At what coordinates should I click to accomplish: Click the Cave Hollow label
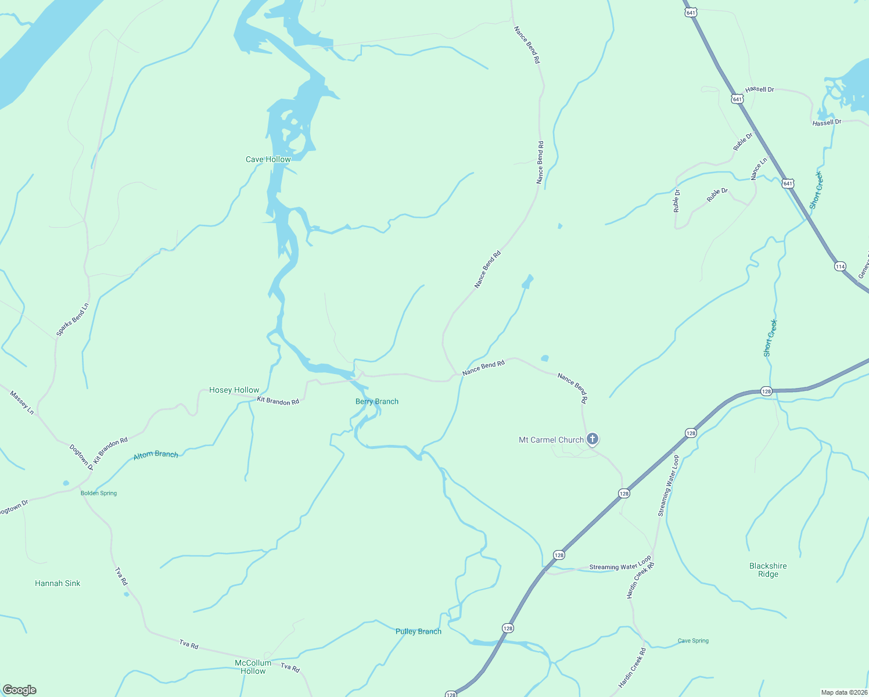click(x=268, y=159)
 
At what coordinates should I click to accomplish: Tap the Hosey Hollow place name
click(x=234, y=390)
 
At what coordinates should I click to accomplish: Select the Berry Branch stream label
click(x=377, y=401)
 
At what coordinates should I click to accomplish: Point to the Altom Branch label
click(x=156, y=455)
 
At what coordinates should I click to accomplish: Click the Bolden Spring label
click(x=99, y=493)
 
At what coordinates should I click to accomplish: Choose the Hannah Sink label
click(x=58, y=583)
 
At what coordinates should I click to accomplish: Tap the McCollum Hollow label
click(x=253, y=667)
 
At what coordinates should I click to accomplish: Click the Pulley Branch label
click(x=418, y=631)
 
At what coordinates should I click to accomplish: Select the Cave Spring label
click(x=693, y=641)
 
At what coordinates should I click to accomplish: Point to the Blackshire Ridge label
click(x=768, y=570)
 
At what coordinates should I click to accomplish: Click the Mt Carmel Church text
click(x=551, y=440)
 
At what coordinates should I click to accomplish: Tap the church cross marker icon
click(x=592, y=439)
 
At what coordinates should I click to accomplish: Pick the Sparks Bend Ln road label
click(x=73, y=320)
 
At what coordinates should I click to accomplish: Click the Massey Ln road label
click(x=22, y=403)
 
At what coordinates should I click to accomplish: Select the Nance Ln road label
click(x=759, y=168)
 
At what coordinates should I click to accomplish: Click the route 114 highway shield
click(x=840, y=267)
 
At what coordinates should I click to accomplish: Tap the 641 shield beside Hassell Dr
click(x=737, y=99)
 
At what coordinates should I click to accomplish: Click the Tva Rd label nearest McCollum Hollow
click(x=290, y=668)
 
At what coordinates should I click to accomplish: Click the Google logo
click(x=20, y=690)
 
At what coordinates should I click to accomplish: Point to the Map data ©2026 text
click(x=844, y=692)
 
